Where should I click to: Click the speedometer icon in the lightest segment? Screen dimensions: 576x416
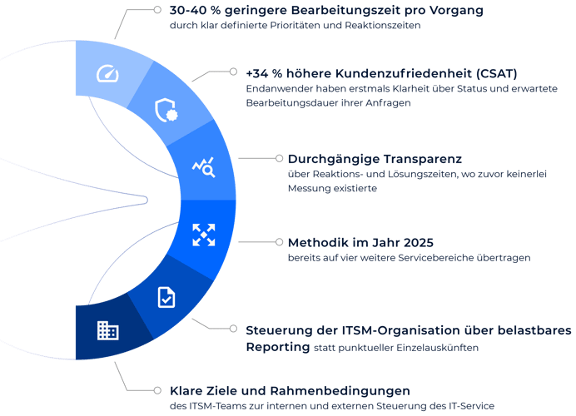point(107,73)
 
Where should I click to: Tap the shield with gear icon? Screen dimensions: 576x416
point(166,110)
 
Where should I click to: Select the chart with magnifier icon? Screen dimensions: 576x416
point(203,167)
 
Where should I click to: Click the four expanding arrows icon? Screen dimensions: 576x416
point(204,235)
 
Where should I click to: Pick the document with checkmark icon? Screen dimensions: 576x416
point(166,297)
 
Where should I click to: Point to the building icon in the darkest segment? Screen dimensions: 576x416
point(107,330)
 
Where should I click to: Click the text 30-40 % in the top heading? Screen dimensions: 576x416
point(195,10)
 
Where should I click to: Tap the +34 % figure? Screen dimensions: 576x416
point(264,73)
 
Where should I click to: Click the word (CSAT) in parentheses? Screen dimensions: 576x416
point(497,73)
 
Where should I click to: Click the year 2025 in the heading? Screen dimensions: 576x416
point(419,243)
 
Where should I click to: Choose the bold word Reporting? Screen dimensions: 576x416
point(278,347)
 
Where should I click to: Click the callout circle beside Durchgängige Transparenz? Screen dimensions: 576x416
point(279,158)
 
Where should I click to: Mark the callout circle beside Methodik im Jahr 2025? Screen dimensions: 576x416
point(279,242)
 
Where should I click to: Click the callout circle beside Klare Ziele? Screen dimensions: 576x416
point(157,390)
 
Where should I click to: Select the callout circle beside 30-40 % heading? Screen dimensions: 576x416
point(157,9)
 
